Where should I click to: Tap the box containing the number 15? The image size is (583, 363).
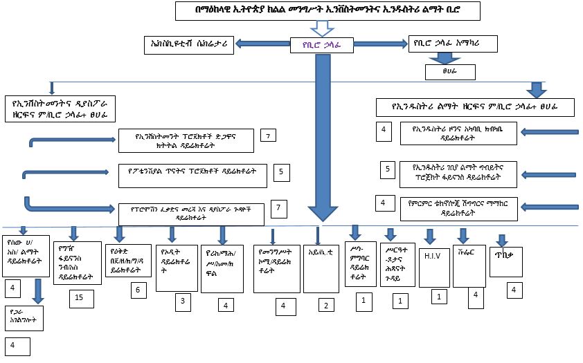(80, 297)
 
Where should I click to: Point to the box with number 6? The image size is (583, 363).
(138, 290)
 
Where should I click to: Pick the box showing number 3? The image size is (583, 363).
(182, 301)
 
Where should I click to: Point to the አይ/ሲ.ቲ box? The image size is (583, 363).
(320, 266)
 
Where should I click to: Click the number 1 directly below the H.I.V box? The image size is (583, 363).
(437, 296)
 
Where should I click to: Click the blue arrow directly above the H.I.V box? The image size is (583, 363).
(430, 237)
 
